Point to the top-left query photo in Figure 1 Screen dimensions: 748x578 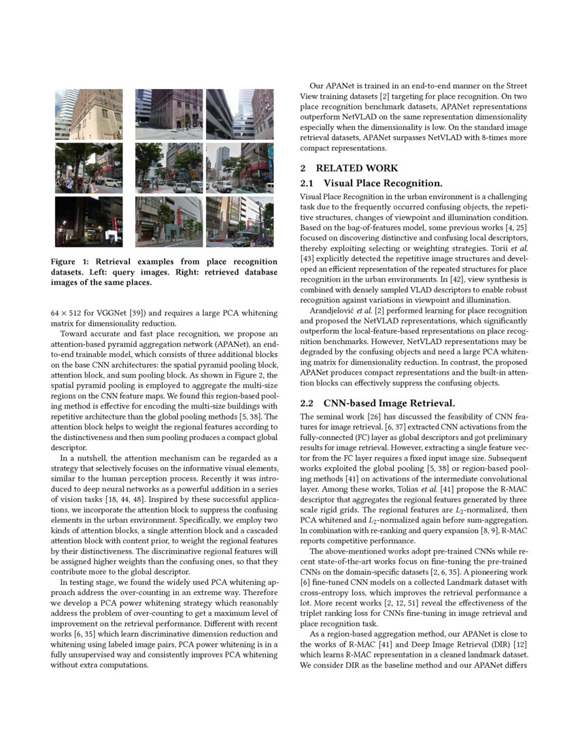(88, 114)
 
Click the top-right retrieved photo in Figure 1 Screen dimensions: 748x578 (239, 114)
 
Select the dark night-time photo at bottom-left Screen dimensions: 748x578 (88, 221)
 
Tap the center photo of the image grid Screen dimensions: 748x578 (168, 168)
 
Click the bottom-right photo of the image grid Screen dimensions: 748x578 (239, 221)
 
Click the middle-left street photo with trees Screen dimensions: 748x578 (88, 168)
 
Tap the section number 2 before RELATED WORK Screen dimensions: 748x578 (303, 168)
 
